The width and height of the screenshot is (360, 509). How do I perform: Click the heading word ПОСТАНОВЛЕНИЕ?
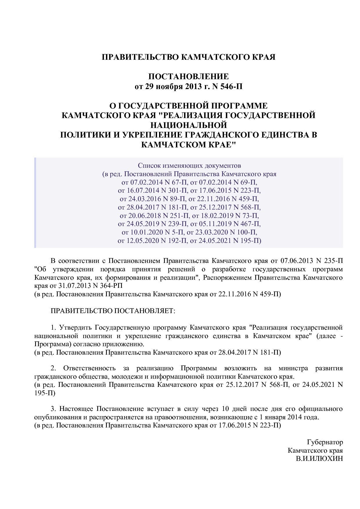point(188,77)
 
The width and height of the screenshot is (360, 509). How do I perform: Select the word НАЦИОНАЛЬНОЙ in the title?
point(188,125)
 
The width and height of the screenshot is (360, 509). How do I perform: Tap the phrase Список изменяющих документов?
point(189,166)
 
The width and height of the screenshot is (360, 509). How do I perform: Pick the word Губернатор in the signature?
point(325,442)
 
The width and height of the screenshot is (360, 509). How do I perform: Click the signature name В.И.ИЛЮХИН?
point(319,459)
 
